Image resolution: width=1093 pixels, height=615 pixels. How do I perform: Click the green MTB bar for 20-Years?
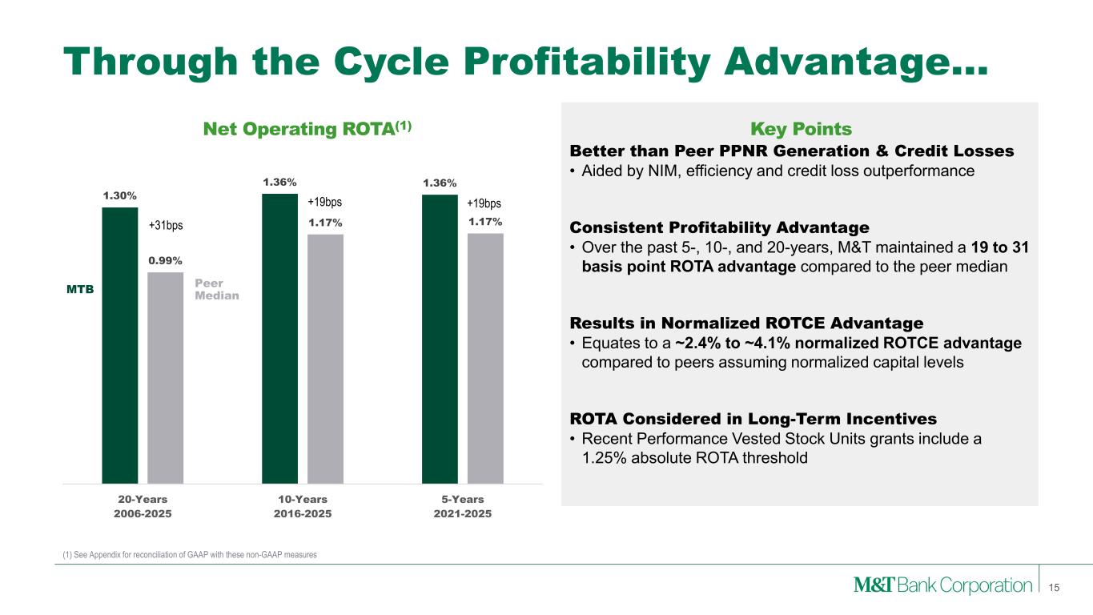(119, 345)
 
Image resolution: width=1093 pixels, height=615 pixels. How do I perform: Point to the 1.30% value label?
(119, 195)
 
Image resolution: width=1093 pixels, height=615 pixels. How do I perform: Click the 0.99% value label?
(165, 260)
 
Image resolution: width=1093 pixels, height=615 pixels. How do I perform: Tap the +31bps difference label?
(167, 226)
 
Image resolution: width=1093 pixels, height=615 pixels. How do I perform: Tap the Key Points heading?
(800, 129)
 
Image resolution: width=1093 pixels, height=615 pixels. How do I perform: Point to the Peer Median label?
(210, 289)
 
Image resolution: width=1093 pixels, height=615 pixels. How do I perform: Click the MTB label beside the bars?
(80, 290)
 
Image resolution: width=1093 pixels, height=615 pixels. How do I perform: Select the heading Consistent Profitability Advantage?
(719, 227)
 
